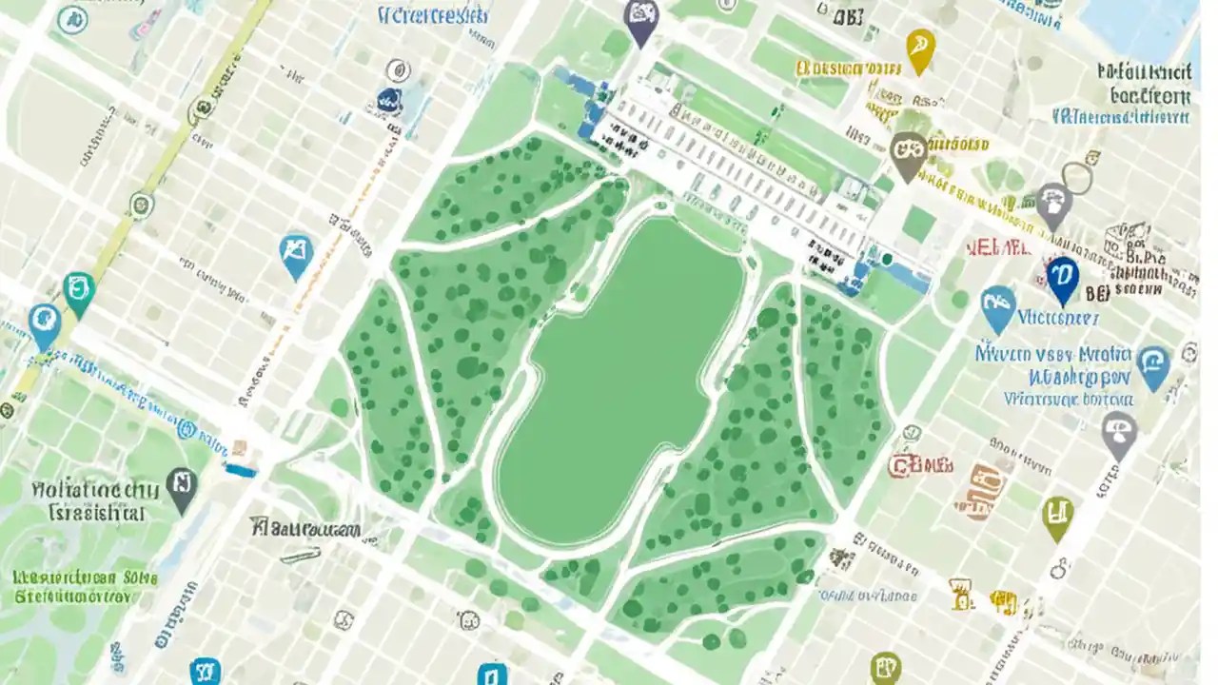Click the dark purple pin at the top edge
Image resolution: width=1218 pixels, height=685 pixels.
point(641,19)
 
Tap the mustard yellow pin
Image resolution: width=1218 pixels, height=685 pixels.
point(920,49)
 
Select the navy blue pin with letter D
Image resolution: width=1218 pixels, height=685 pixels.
point(1062,278)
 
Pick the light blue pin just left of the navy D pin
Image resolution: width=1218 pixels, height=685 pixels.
point(997,307)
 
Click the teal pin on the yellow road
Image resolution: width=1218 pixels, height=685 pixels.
point(78,291)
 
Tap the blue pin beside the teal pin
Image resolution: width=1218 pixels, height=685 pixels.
point(44,323)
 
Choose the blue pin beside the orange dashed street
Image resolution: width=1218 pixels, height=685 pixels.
point(296,254)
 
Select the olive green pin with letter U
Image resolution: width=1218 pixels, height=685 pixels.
point(1057,516)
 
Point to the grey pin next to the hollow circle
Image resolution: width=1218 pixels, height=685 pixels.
point(1053,205)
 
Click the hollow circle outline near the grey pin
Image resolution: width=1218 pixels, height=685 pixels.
point(1078,178)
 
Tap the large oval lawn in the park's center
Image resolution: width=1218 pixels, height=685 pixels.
point(619,381)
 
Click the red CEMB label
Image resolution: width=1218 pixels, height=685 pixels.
point(920,465)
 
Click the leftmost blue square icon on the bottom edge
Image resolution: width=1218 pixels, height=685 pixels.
point(205,671)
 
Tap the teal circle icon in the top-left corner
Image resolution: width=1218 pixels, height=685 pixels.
point(72,19)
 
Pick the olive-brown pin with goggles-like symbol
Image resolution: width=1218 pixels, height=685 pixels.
point(908,152)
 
